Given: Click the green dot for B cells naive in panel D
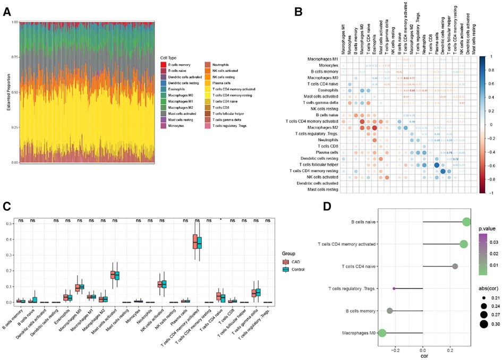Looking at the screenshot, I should [x=466, y=222].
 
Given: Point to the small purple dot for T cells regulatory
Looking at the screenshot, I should [x=394, y=288].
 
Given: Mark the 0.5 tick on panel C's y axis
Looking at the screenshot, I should [x=11, y=224].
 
